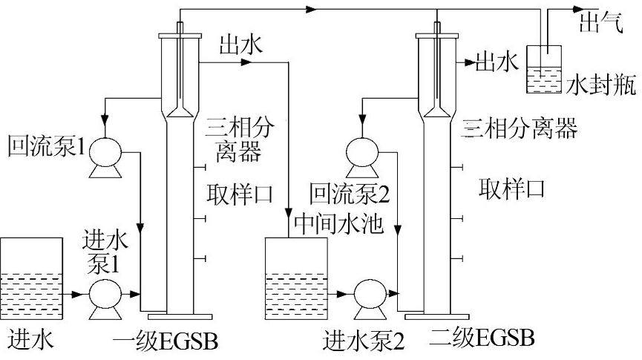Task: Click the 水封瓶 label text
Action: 602,85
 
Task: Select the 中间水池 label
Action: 338,223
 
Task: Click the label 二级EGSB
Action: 482,338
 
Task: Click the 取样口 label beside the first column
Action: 240,194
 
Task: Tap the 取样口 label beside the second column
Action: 511,189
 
